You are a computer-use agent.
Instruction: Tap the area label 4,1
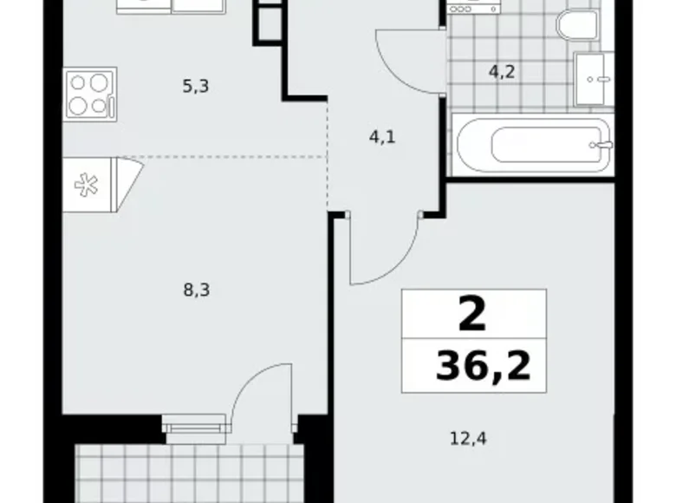tap(383, 136)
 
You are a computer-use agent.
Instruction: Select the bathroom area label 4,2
tap(502, 72)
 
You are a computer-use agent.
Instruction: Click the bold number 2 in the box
tap(472, 316)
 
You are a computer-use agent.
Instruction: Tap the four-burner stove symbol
tap(89, 95)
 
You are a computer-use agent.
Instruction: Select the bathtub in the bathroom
tap(533, 145)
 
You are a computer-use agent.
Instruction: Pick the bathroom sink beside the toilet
tap(594, 77)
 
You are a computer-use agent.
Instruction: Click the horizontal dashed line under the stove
tap(225, 157)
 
